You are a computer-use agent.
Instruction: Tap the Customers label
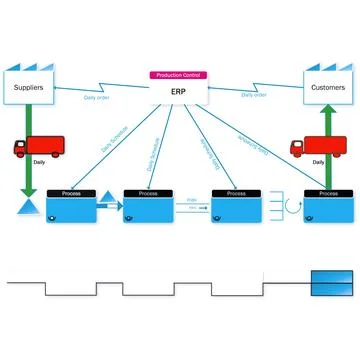(327, 88)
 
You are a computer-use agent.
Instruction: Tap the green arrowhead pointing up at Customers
(327, 113)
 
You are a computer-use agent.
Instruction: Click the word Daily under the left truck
(38, 162)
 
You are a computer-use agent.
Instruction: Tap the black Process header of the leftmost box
(71, 193)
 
